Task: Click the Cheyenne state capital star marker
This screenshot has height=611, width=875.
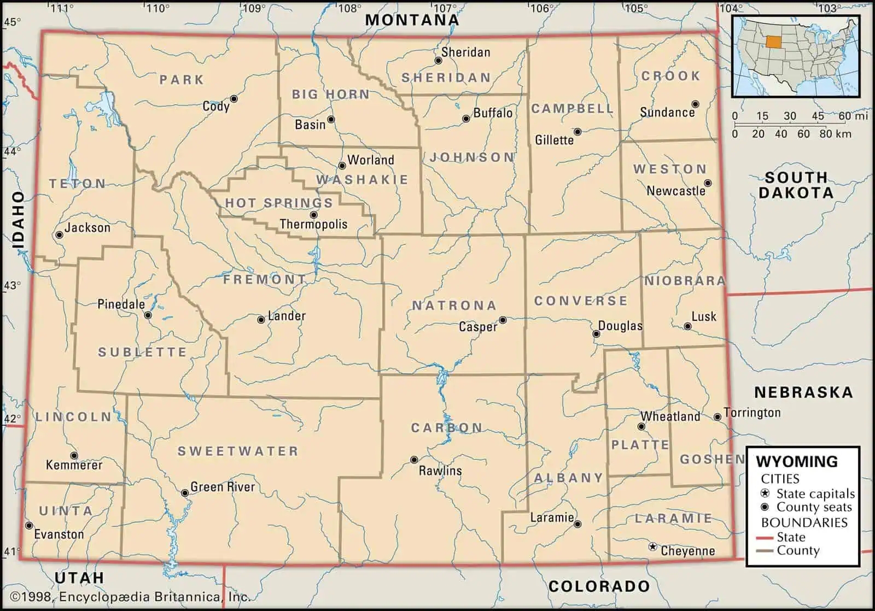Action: pos(652,547)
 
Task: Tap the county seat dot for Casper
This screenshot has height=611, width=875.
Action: pos(503,320)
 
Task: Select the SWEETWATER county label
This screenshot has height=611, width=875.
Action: pos(238,451)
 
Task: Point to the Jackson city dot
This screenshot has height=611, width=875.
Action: pos(59,235)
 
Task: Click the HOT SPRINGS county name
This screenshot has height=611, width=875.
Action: pos(279,203)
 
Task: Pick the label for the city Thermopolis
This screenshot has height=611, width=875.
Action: pos(313,224)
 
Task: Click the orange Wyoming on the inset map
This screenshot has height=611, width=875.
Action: pos(773,42)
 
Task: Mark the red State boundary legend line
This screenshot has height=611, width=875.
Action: pos(764,538)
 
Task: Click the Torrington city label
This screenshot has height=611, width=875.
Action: pos(752,413)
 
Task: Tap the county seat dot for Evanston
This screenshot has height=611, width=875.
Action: pos(29,526)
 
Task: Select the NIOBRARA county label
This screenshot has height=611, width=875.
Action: pos(685,281)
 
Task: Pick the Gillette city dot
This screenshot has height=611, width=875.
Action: pos(577,132)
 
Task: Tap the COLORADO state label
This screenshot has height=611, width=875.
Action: pos(599,587)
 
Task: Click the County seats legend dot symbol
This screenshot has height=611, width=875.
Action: pos(765,507)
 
